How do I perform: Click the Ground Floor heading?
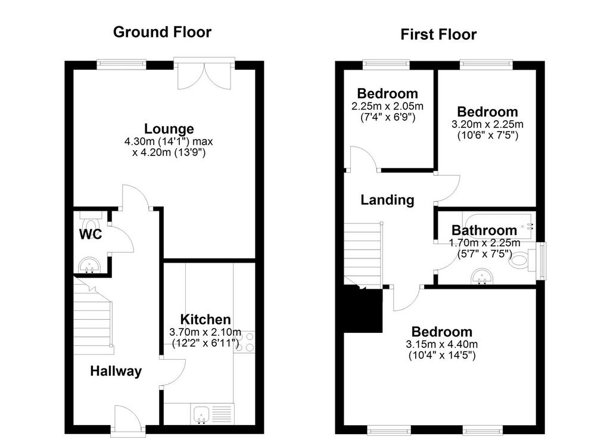pos(162,32)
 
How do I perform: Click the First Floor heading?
pos(438,35)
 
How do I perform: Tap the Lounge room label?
pos(169,129)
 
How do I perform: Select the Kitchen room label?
pos(206,319)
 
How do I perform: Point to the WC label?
pos(91,234)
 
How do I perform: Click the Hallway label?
pos(116,371)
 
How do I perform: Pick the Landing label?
pos(387,200)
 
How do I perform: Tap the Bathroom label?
pos(484,230)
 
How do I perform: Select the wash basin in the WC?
pos(89,266)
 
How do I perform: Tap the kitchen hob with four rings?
pos(244,342)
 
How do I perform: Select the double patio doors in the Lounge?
pos(204,74)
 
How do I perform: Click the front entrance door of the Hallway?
pos(127,420)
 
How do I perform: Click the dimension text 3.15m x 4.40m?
pos(441,344)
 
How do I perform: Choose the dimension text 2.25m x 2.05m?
pos(387,106)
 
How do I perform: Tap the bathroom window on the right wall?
pos(541,261)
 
